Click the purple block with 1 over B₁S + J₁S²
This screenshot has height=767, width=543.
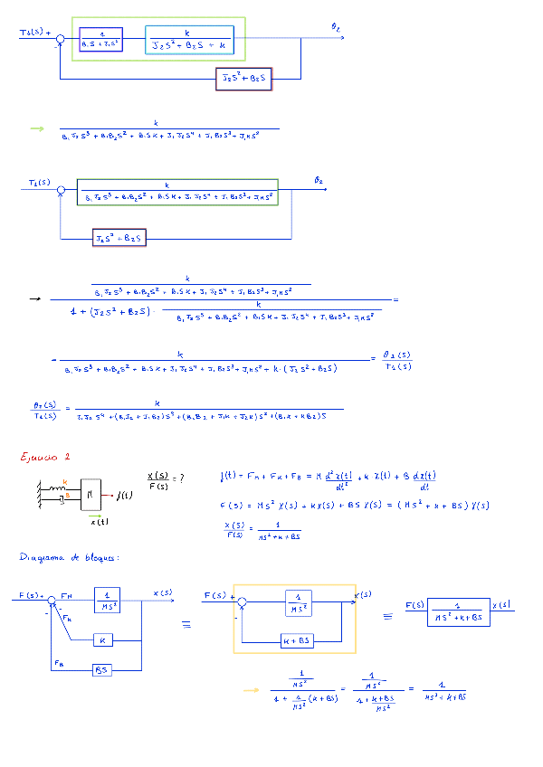pos(100,40)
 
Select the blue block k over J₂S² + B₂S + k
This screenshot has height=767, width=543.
pos(188,40)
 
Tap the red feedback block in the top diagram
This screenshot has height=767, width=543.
pos(244,79)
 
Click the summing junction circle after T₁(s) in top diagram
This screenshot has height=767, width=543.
pos(61,39)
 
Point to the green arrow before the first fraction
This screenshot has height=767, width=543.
pos(36,128)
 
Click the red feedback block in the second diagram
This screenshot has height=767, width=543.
pos(119,238)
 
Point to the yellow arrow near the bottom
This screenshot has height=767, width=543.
pos(251,691)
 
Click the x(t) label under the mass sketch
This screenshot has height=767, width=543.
pos(100,521)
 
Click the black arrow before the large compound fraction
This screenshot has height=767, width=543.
pos(34,298)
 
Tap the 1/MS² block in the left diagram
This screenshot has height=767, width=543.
pos(107,600)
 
